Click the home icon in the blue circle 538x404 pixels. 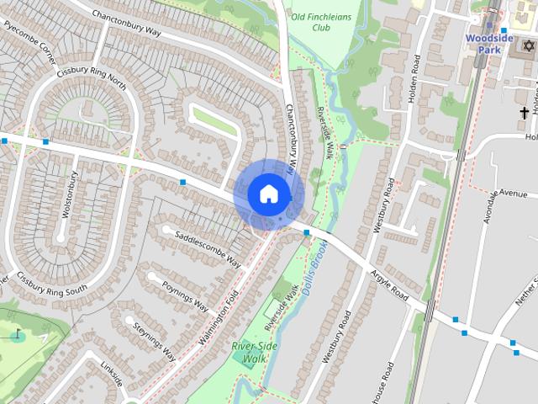pos(268,194)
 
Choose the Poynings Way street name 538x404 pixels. pos(185,295)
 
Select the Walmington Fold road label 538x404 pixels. pos(214,319)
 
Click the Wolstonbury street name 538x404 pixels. pos(70,195)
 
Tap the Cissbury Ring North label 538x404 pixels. pos(92,80)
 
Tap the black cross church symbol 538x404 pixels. pos(525,113)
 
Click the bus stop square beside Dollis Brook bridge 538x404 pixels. pos(307,232)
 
